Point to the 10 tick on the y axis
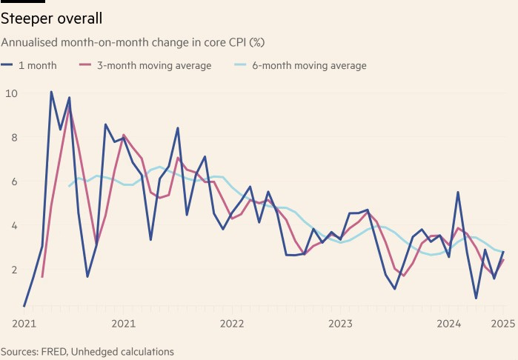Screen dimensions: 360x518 [x=11, y=93]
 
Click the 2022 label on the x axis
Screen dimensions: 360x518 [x=232, y=324]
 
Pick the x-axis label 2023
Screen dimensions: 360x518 [x=340, y=324]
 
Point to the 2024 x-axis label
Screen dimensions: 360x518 [x=449, y=324]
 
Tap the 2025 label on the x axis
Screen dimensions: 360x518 [x=503, y=324]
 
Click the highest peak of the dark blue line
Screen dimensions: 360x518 [x=51, y=92]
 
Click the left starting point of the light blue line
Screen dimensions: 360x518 [x=69, y=186]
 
